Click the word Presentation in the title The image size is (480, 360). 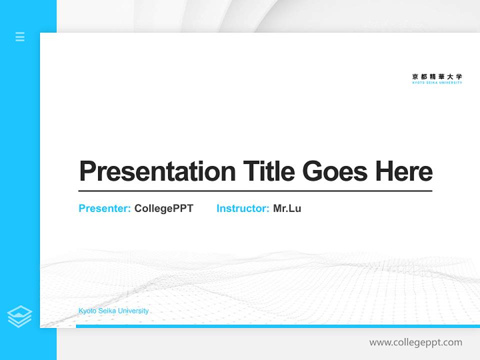157,171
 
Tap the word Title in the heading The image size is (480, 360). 268,171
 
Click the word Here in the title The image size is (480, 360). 403,171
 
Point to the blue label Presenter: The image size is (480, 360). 104,208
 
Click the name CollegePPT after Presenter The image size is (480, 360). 163,208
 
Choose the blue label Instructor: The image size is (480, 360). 242,208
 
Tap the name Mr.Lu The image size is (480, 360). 287,208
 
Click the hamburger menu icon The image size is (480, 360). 20,36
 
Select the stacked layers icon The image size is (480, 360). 19,316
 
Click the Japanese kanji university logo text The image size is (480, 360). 437,76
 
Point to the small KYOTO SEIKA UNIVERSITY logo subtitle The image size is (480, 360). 437,82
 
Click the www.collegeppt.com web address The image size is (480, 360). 415,342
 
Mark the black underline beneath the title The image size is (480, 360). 255,191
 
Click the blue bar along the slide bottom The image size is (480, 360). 277,326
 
